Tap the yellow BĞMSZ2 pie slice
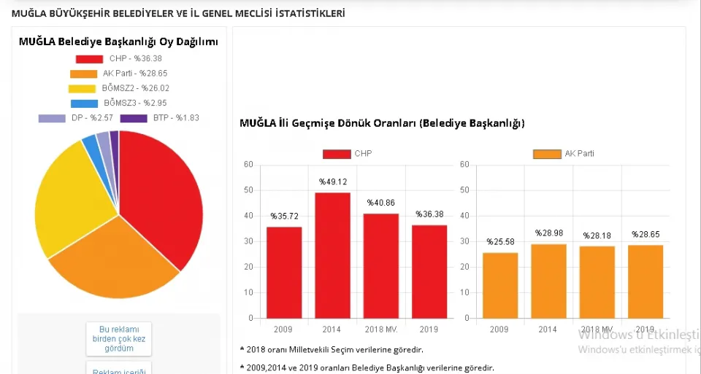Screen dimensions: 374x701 pyautogui.click(x=69, y=197)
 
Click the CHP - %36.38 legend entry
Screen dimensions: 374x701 pyautogui.click(x=118, y=58)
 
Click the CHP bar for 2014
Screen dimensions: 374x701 pyautogui.click(x=332, y=255)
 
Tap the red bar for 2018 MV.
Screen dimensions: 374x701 pyautogui.click(x=380, y=265)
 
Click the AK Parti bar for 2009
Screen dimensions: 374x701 pyautogui.click(x=499, y=285)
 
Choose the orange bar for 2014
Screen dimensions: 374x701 pyautogui.click(x=548, y=281)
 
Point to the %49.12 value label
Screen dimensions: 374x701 pyautogui.click(x=332, y=182)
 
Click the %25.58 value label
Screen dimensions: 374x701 pyautogui.click(x=499, y=242)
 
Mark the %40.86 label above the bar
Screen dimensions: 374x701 pyautogui.click(x=380, y=203)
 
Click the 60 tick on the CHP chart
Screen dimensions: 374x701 pyautogui.click(x=248, y=164)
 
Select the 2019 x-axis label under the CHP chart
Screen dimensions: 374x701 pyautogui.click(x=429, y=330)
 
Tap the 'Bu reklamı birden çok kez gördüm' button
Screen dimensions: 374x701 pyautogui.click(x=118, y=338)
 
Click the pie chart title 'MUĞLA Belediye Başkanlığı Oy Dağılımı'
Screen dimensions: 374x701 pyautogui.click(x=118, y=42)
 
